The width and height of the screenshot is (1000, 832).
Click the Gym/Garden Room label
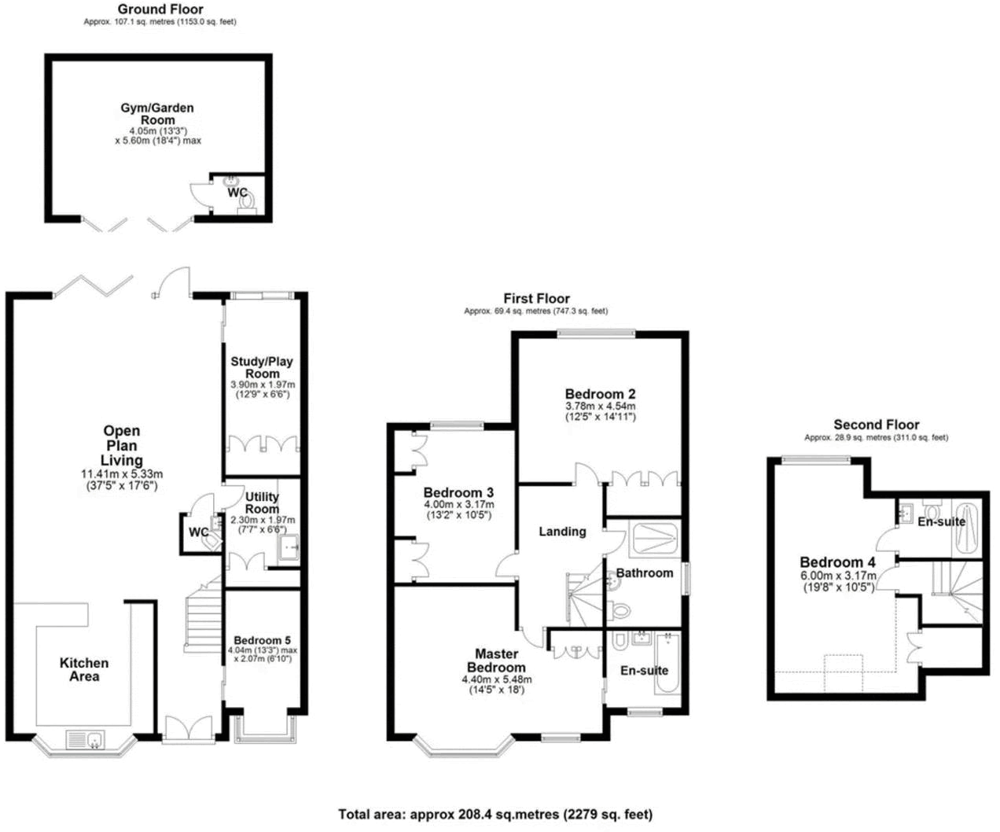(157, 114)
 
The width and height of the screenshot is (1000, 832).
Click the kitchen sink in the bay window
(86, 740)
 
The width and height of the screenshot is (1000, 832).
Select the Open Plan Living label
(122, 445)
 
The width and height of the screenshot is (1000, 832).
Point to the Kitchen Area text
(84, 669)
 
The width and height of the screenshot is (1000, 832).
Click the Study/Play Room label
(262, 367)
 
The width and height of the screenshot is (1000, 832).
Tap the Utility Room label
(262, 503)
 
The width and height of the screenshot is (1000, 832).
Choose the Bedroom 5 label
(262, 640)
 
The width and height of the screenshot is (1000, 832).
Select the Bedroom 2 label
(600, 393)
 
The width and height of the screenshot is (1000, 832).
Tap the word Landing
(562, 532)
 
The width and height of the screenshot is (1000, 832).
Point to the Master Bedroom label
(497, 661)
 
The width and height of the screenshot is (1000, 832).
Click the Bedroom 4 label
(837, 562)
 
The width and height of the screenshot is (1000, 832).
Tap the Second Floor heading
(877, 425)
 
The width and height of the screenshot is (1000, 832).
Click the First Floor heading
(537, 299)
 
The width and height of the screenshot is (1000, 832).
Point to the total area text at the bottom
(495, 815)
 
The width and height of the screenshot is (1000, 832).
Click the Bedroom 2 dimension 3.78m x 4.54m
(600, 406)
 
